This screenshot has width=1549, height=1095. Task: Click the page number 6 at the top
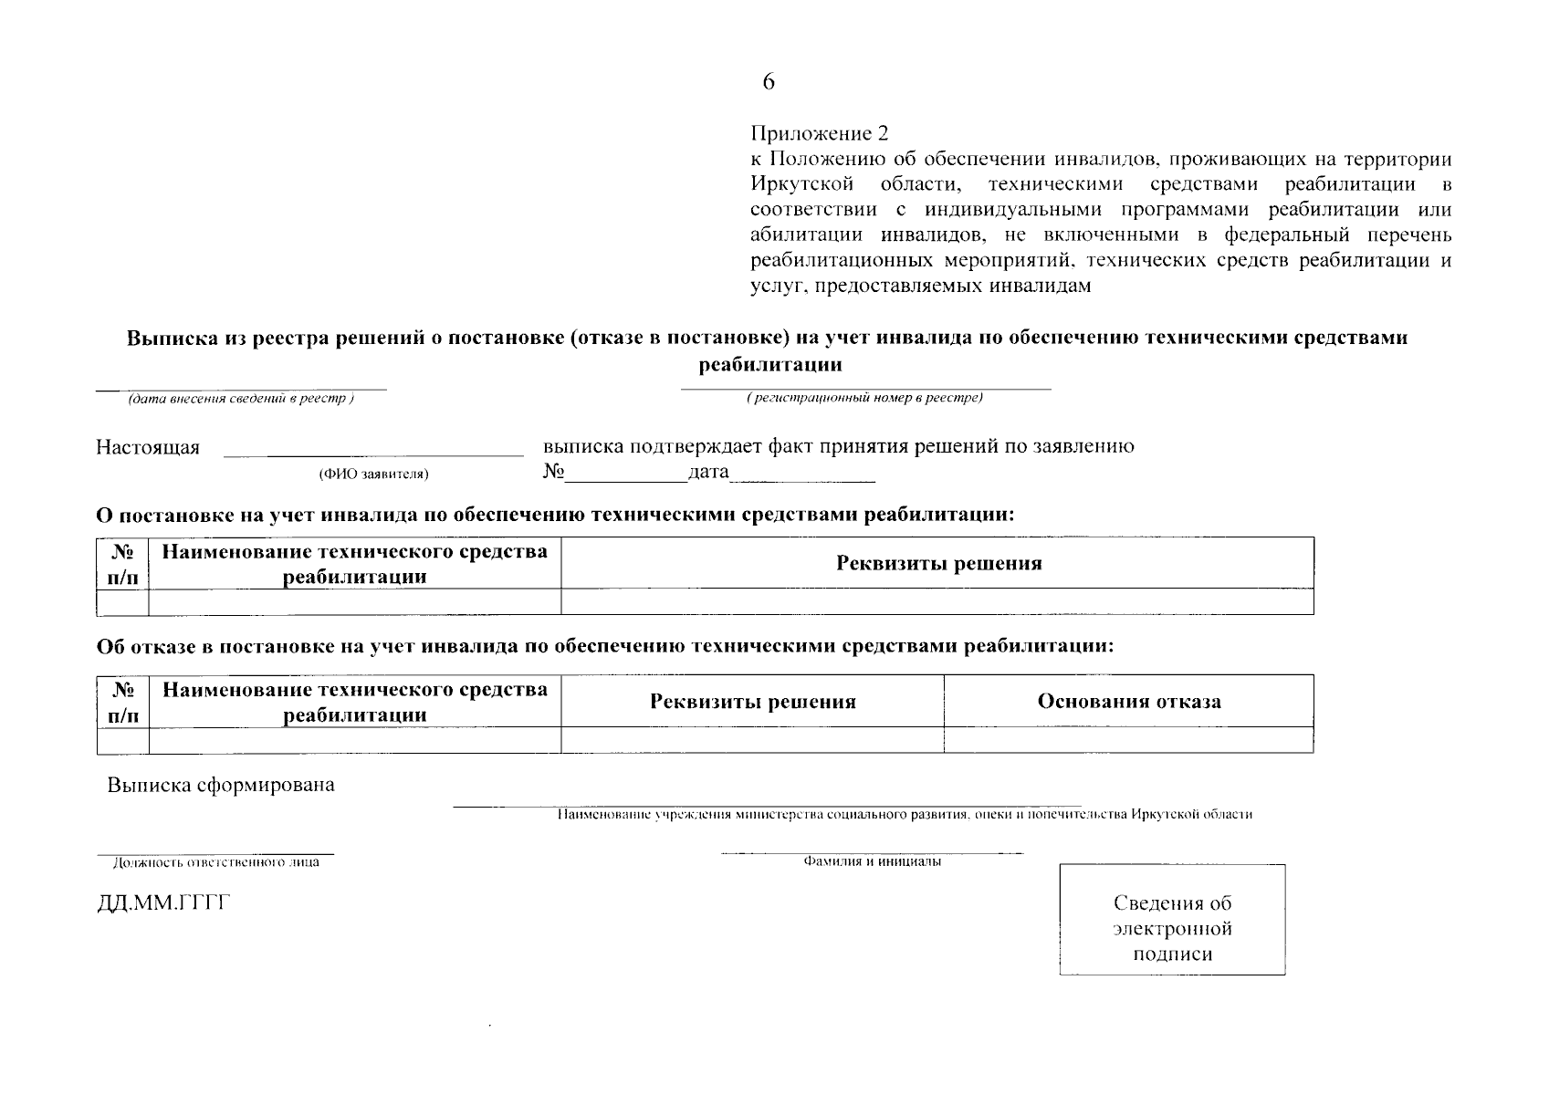pyautogui.click(x=769, y=83)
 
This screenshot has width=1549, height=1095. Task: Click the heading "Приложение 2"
pyautogui.click(x=819, y=134)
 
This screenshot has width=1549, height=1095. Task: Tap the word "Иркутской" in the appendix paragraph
pyautogui.click(x=801, y=184)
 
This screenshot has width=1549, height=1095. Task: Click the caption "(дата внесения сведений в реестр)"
pyautogui.click(x=241, y=399)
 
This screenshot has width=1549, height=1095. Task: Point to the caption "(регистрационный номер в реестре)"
pyautogui.click(x=864, y=399)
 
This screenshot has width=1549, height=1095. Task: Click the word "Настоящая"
pyautogui.click(x=148, y=448)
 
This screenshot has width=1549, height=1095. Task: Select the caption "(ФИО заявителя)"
pyautogui.click(x=373, y=474)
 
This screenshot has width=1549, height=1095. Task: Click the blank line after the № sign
pyautogui.click(x=626, y=474)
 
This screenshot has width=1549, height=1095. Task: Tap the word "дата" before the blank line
pyautogui.click(x=709, y=472)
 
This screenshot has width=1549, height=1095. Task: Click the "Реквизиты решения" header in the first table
pyautogui.click(x=938, y=563)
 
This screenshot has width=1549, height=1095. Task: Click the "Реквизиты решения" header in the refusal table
pyautogui.click(x=752, y=702)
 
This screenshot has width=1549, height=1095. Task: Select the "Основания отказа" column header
pyautogui.click(x=1128, y=702)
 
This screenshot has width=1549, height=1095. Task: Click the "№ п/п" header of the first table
pyautogui.click(x=122, y=564)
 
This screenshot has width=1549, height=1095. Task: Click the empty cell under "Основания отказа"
pyautogui.click(x=1128, y=740)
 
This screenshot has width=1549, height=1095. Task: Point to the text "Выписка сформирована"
pyautogui.click(x=221, y=786)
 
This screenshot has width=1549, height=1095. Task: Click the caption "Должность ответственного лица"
pyautogui.click(x=215, y=862)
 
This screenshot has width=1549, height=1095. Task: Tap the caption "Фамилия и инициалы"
pyautogui.click(x=872, y=861)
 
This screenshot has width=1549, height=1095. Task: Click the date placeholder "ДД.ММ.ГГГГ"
pyautogui.click(x=163, y=904)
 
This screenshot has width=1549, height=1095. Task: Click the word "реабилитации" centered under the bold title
pyautogui.click(x=769, y=365)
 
